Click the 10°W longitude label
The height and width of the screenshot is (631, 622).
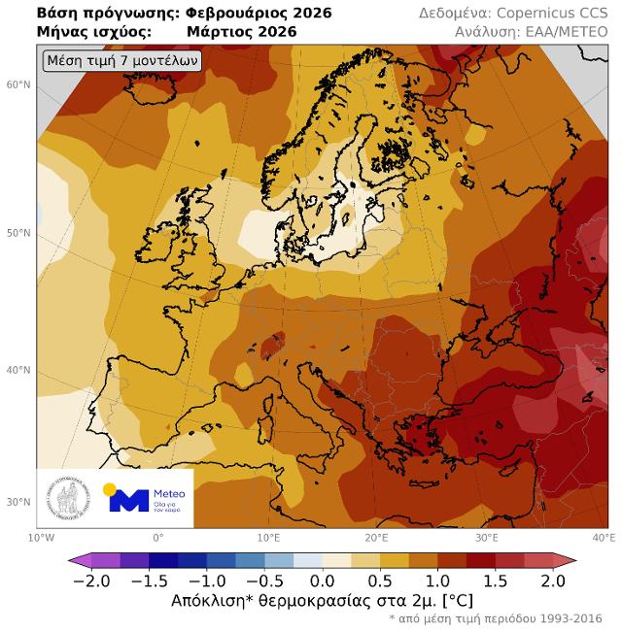click(x=41, y=537)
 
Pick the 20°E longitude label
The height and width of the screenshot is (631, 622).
click(x=377, y=537)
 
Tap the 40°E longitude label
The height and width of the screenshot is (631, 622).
click(x=604, y=537)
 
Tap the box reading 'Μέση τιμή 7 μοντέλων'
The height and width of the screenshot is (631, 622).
click(x=122, y=61)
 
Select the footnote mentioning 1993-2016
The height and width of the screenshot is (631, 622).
click(x=496, y=618)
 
